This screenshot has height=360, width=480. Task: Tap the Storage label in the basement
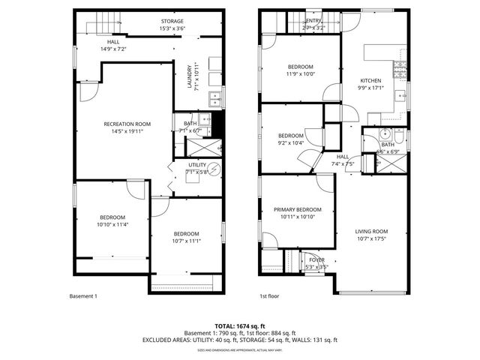point(172,21)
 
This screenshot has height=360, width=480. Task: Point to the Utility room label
point(196,164)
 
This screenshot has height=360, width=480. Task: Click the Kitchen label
point(370,81)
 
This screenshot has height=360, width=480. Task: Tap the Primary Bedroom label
point(297,209)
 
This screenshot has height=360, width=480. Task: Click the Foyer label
point(319,259)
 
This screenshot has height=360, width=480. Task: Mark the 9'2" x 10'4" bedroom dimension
point(290,142)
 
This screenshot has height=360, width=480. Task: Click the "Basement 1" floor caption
point(83,296)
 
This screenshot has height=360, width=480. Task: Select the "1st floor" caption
point(270,296)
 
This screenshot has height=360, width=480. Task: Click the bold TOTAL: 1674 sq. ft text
point(240,325)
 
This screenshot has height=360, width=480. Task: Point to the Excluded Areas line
point(240,340)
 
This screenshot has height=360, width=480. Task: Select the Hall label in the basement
point(113,42)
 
